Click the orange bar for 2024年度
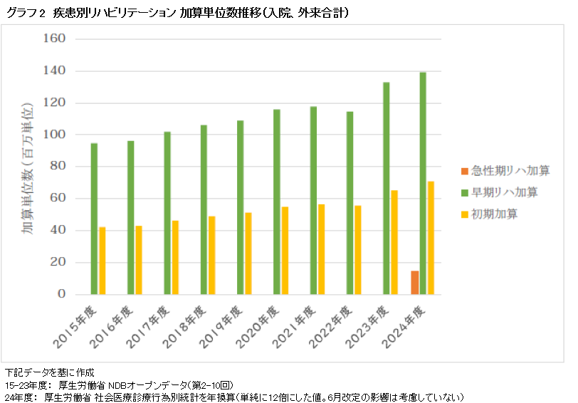click(415, 283)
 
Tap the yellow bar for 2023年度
click(394, 242)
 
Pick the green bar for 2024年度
click(423, 183)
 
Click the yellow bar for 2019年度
click(248, 253)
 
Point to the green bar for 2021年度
click(313, 200)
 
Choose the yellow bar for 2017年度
click(175, 257)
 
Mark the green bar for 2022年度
click(350, 203)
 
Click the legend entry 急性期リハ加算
click(505, 172)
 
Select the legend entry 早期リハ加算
click(500, 192)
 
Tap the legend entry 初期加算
click(494, 214)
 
